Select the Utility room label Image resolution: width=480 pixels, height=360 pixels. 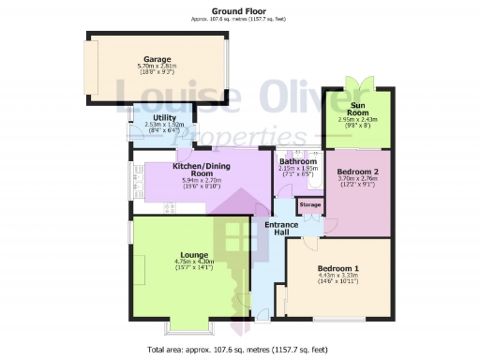pyautogui.click(x=153, y=117)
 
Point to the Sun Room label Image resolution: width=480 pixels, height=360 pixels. pyautogui.click(x=358, y=109)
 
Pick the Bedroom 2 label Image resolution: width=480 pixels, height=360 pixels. pyautogui.click(x=358, y=172)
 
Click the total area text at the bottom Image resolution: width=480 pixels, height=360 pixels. pyautogui.click(x=240, y=350)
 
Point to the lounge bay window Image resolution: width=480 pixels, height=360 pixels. pyautogui.click(x=184, y=329)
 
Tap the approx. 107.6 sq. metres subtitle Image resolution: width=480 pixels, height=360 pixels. pyautogui.click(x=240, y=19)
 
